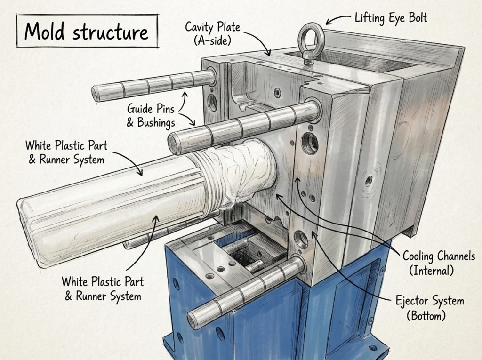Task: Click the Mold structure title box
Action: tap(87, 31)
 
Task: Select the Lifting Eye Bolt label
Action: tap(391, 18)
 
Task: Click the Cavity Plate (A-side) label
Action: tap(212, 33)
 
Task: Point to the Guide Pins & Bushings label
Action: tap(151, 115)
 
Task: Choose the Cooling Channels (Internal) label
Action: tap(439, 263)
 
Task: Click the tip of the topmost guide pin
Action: tap(96, 94)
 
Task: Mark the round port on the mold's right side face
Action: tap(369, 180)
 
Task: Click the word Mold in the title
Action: tap(44, 32)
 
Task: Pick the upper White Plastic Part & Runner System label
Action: tap(66, 152)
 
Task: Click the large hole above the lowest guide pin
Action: tap(301, 239)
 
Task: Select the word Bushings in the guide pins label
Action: tap(156, 122)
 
